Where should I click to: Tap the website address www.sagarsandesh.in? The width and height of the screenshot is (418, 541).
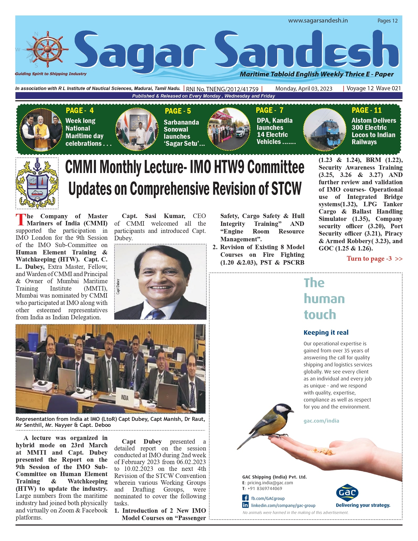[x=318, y=21]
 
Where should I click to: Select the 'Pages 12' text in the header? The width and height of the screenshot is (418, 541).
[x=387, y=21]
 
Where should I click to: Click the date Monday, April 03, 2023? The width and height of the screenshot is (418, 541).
[x=304, y=89]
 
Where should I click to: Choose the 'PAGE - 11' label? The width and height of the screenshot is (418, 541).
[x=366, y=110]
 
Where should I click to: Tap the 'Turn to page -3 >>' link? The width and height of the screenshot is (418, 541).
[x=374, y=259]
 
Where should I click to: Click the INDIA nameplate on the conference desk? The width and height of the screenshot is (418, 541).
[x=125, y=398]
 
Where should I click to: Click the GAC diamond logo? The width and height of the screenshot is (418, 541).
[x=347, y=493]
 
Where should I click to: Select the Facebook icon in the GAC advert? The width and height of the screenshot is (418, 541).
[x=245, y=498]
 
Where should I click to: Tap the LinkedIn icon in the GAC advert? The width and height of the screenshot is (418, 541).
[x=245, y=505]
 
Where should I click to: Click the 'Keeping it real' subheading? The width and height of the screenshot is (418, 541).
[x=326, y=332]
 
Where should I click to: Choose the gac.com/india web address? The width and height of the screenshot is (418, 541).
[x=321, y=421]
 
